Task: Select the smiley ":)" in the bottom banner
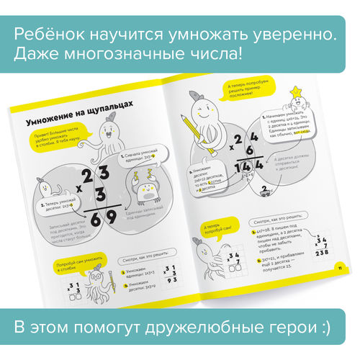(x=323, y=328)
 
